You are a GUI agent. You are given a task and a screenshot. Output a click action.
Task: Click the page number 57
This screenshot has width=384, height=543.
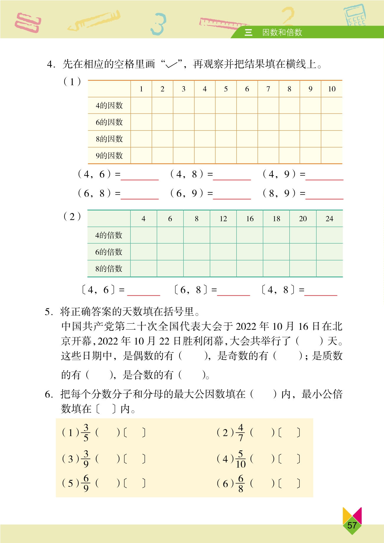click(x=352, y=525)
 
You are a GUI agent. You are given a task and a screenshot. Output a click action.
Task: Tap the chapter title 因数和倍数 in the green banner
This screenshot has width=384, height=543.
click(x=282, y=32)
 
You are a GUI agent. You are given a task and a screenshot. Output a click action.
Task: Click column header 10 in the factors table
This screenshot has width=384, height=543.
click(x=332, y=89)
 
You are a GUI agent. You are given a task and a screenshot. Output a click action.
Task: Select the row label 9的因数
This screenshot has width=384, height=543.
click(x=109, y=156)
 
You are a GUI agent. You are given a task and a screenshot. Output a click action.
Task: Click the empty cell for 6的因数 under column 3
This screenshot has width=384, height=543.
click(x=184, y=122)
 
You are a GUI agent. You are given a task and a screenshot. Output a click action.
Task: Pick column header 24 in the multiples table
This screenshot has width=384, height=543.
click(x=329, y=219)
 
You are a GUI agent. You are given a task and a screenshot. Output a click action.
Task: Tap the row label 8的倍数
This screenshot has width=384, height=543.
click(x=108, y=269)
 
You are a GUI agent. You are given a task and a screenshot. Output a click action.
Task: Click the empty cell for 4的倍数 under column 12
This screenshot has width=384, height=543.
click(x=223, y=235)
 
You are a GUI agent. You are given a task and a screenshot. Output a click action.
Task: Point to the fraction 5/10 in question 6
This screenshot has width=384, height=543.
click(x=240, y=459)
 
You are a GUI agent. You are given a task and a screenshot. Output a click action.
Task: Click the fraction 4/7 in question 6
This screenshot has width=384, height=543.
click(x=240, y=432)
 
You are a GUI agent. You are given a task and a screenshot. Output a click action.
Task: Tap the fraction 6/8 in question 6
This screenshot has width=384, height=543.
click(x=240, y=484)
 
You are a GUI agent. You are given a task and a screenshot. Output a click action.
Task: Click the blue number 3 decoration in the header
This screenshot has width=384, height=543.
click(x=158, y=24)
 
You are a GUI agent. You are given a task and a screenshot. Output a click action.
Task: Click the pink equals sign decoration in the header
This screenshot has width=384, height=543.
click(x=28, y=23)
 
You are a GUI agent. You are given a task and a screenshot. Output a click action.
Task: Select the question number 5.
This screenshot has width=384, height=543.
click(x=48, y=312)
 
